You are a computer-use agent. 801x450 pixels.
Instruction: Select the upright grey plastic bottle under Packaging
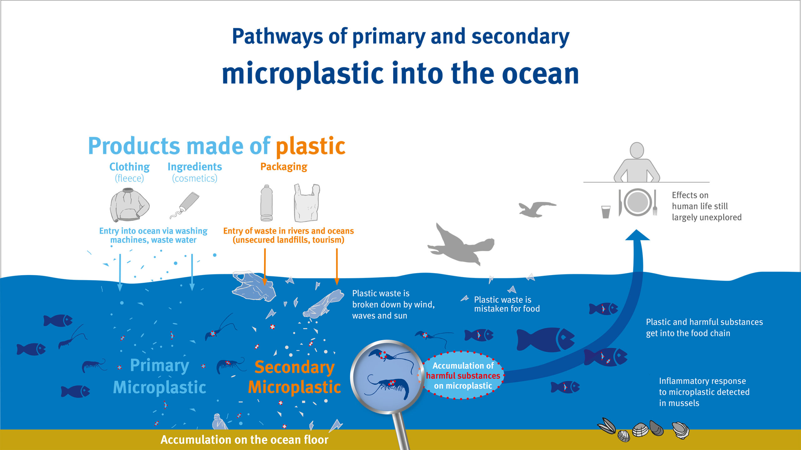tap(267, 203)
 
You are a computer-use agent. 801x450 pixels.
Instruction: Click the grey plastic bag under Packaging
tap(307, 203)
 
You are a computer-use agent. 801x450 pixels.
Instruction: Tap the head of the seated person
tap(637, 150)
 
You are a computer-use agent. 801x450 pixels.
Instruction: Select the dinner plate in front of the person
tap(638, 202)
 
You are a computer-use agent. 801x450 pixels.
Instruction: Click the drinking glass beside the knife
tap(606, 212)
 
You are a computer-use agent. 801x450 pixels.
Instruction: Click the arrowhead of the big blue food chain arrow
tap(637, 235)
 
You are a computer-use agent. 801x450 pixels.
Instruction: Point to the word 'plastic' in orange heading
tap(310, 146)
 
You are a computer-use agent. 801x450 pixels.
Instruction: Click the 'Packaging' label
tap(284, 167)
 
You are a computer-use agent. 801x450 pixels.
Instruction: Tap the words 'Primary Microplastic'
tap(160, 377)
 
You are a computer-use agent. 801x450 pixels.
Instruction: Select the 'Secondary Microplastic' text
tap(294, 377)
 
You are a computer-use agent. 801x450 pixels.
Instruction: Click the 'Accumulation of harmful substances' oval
tap(463, 375)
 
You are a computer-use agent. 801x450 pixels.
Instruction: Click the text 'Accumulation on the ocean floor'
tap(244, 440)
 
